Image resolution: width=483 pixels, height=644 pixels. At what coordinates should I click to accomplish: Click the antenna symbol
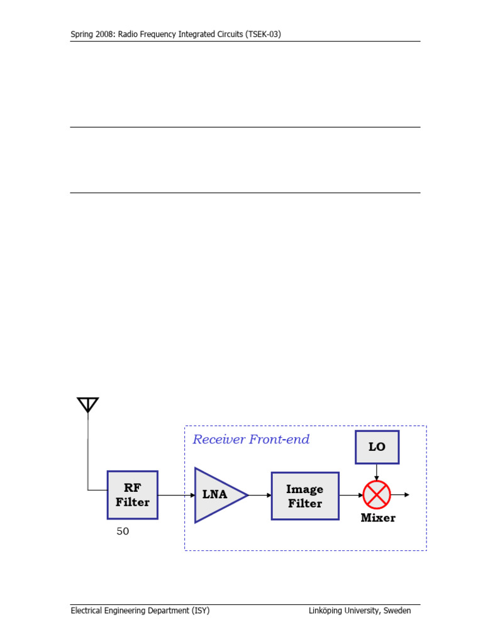coord(87,404)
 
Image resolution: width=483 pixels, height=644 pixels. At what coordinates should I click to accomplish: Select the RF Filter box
coord(132,495)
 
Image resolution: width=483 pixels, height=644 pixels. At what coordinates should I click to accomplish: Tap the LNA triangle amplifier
coord(217,495)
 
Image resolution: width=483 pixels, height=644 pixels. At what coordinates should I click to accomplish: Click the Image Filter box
coord(305,496)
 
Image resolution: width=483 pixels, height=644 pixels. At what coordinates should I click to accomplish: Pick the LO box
coord(377,447)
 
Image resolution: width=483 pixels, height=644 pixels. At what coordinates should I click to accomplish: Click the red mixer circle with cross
coord(377,495)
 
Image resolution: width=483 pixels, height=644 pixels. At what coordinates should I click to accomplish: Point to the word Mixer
coord(378,518)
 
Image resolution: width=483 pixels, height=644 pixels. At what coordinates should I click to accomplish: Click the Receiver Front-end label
coord(251,439)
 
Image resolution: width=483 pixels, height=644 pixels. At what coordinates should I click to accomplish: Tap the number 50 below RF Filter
coord(123,531)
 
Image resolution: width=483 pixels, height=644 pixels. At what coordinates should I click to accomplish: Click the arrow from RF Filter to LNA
coord(176,495)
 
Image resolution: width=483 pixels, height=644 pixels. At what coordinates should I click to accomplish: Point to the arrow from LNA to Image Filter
coord(260,495)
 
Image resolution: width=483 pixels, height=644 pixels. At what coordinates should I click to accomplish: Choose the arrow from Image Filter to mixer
coord(351,495)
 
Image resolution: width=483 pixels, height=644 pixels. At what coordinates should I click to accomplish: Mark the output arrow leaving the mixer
coord(401,495)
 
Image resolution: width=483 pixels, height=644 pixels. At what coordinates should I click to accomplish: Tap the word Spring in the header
coord(82,35)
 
